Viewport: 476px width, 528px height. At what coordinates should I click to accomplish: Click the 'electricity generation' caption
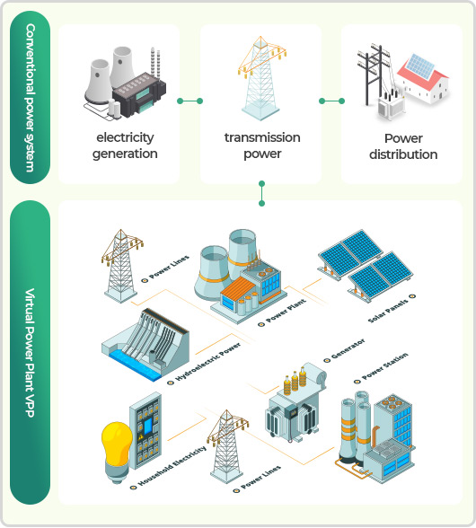tap(125, 145)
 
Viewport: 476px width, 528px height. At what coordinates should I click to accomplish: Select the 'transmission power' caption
tap(262, 145)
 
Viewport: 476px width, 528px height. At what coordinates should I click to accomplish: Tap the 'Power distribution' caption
tap(403, 146)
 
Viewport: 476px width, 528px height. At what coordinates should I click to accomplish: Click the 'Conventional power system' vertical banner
tap(30, 97)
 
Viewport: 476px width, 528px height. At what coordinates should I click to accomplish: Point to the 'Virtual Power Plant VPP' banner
tap(30, 352)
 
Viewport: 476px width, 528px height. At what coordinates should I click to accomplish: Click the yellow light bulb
tap(117, 452)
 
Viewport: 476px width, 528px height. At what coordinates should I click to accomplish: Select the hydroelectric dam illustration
tap(145, 345)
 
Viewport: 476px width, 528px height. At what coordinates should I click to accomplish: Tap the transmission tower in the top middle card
tap(261, 78)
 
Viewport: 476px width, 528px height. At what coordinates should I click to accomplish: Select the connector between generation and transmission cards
tap(190, 101)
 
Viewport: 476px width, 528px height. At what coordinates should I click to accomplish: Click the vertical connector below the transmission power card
tap(261, 193)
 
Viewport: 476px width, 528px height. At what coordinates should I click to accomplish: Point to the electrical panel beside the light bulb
tap(145, 431)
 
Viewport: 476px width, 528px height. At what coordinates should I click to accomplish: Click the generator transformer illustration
tap(295, 402)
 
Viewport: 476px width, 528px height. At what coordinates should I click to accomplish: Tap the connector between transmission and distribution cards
tap(331, 101)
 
